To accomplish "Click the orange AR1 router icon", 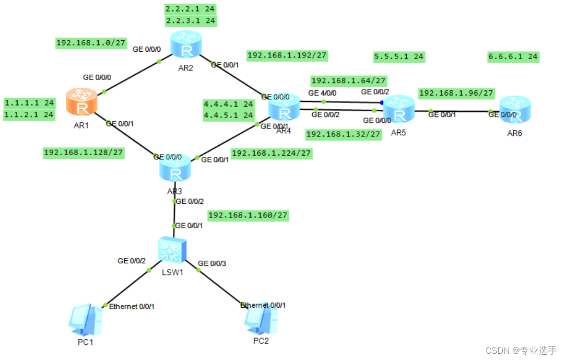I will (81, 102).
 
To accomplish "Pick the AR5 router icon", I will (399, 110).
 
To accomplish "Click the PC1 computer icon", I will (85, 319).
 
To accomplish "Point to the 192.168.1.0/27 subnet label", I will (91, 43).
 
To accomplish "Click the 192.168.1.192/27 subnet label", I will (287, 55).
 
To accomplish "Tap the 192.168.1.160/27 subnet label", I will (248, 215).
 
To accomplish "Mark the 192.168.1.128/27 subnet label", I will (84, 152).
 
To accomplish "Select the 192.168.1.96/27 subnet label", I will (456, 93).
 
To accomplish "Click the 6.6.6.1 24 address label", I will (513, 56).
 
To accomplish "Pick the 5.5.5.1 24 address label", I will (399, 56).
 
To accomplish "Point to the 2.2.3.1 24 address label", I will (190, 21).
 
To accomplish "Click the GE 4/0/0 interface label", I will (322, 93).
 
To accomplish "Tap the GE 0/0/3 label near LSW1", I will (212, 263).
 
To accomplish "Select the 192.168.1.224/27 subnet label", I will (271, 153).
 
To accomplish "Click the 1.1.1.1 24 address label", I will (29, 102).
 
